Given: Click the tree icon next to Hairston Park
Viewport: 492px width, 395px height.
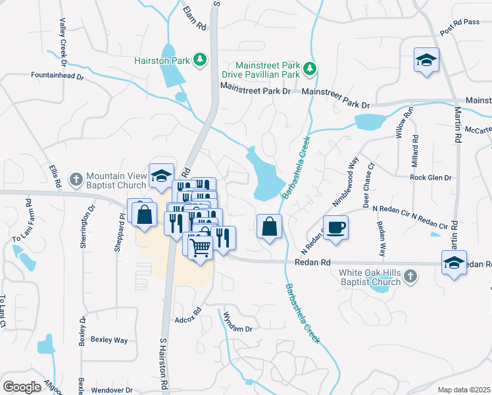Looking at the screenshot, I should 199,61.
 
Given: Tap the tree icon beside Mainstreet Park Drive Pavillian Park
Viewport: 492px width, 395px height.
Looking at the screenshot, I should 308,68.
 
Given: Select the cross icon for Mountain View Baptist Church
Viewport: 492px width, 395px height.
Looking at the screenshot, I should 76,178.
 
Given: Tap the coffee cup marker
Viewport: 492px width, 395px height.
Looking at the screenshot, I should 336,228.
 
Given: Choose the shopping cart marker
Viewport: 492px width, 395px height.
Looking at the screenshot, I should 201,248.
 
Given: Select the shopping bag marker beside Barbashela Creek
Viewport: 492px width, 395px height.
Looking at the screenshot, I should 269,226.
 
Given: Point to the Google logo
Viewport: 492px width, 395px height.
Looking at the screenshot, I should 22,387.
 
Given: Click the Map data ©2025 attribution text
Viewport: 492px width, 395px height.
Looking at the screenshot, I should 464,390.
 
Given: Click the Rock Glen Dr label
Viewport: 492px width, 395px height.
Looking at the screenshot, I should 431,178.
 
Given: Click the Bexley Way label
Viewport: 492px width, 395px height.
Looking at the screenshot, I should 109,340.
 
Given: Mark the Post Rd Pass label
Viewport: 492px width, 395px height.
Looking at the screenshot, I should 460,27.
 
